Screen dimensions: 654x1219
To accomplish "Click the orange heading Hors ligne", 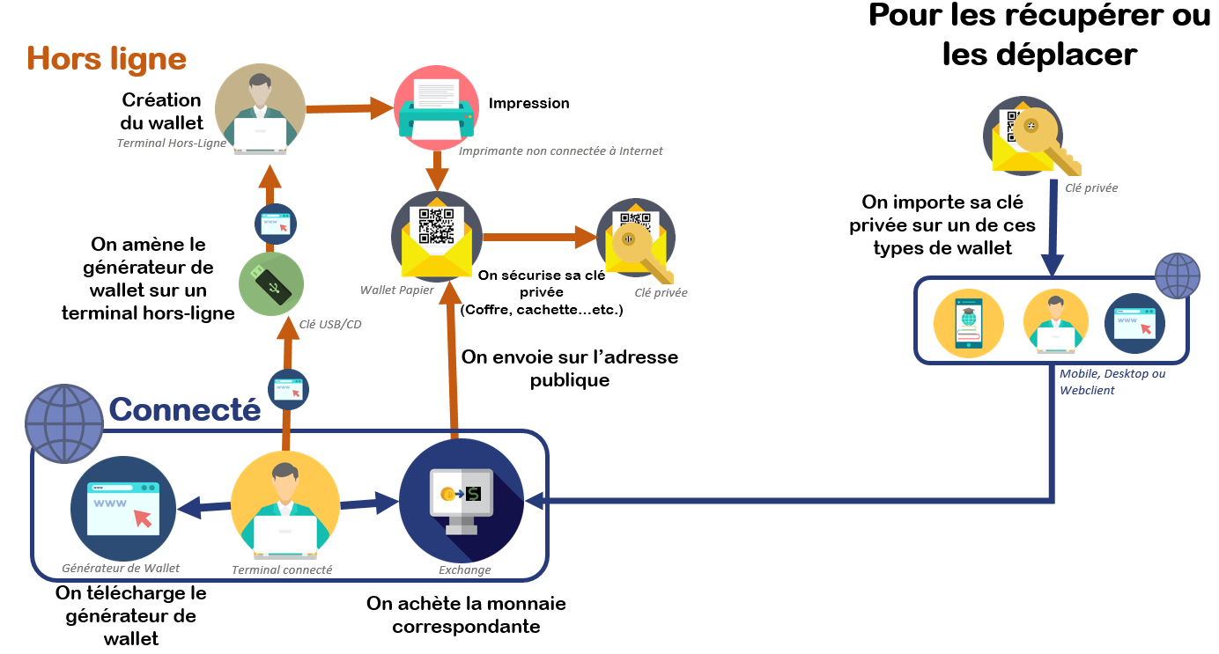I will point(107,59).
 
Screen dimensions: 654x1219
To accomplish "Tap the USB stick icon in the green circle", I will point(271,285).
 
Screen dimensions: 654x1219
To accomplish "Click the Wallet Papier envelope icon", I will point(436,235).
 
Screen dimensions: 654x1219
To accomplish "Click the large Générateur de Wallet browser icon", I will point(115,508).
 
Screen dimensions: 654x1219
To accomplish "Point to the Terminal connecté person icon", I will point(284,508).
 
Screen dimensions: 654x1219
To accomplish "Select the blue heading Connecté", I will point(185,409).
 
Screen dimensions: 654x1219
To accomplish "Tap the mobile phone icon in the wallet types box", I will point(969,323).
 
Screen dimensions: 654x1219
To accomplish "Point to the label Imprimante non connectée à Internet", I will point(560,151).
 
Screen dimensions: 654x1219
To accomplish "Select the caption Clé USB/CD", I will point(330,324).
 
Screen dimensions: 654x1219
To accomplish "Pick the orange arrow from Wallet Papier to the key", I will point(537,236).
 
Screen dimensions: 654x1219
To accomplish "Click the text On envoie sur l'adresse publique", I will point(569,368).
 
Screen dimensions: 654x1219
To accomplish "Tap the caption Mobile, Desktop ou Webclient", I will point(1112,381).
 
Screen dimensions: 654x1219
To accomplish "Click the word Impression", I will point(528,103).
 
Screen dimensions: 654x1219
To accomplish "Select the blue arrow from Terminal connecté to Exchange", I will point(370,504).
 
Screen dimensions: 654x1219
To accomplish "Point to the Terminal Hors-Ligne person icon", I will point(260,108).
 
